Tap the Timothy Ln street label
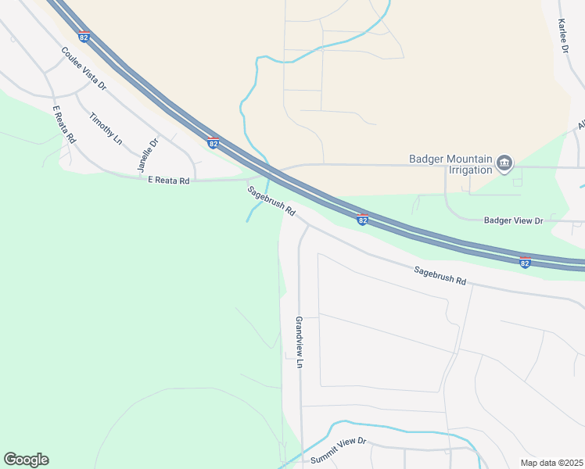106,128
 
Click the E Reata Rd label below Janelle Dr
169,181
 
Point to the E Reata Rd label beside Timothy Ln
64,124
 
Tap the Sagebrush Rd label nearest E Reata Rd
271,200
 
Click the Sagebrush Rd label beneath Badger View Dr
440,274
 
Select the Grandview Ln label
299,342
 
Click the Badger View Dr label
513,221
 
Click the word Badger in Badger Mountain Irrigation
426,159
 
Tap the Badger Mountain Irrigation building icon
504,163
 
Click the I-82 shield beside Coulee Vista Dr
84,37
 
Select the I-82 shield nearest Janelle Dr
213,143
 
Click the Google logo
26,460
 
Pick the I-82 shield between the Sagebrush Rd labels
362,220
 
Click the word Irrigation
472,169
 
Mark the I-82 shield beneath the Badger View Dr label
525,263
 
